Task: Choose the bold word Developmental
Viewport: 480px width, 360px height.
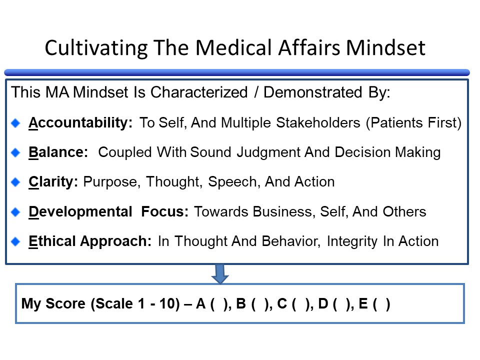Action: tap(80, 211)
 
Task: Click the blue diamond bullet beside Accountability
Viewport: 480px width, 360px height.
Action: tap(16, 123)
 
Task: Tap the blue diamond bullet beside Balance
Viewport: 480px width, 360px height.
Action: tap(16, 152)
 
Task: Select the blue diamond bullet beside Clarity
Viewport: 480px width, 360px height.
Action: tap(16, 182)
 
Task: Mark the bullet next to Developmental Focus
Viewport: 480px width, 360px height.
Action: tap(16, 212)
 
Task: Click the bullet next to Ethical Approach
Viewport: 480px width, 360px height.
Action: tap(16, 241)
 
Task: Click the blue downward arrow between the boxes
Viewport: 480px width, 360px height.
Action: tap(220, 273)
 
